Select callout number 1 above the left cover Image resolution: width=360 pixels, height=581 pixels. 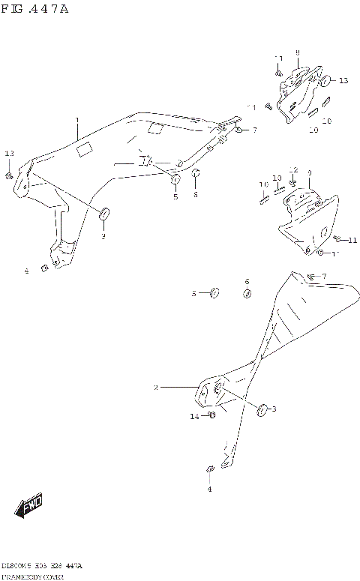click(x=76, y=120)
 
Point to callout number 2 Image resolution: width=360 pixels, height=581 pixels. click(x=156, y=388)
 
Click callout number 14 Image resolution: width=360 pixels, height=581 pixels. click(x=193, y=415)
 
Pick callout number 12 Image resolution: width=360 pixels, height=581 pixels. click(x=294, y=170)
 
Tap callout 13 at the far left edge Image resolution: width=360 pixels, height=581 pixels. click(x=10, y=154)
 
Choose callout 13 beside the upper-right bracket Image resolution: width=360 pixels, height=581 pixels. click(x=343, y=80)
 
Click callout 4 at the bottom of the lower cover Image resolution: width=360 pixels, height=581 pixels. click(x=209, y=489)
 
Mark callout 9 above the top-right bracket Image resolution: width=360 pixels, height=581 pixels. click(x=297, y=52)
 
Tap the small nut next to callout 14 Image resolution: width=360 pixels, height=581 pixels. click(x=211, y=414)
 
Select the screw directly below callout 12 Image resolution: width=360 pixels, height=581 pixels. click(x=293, y=183)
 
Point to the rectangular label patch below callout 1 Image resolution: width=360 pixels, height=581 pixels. click(x=85, y=150)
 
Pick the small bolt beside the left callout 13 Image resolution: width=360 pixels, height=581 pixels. click(x=8, y=175)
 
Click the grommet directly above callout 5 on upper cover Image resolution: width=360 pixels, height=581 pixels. click(x=175, y=181)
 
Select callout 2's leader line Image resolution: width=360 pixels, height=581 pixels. click(x=178, y=388)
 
